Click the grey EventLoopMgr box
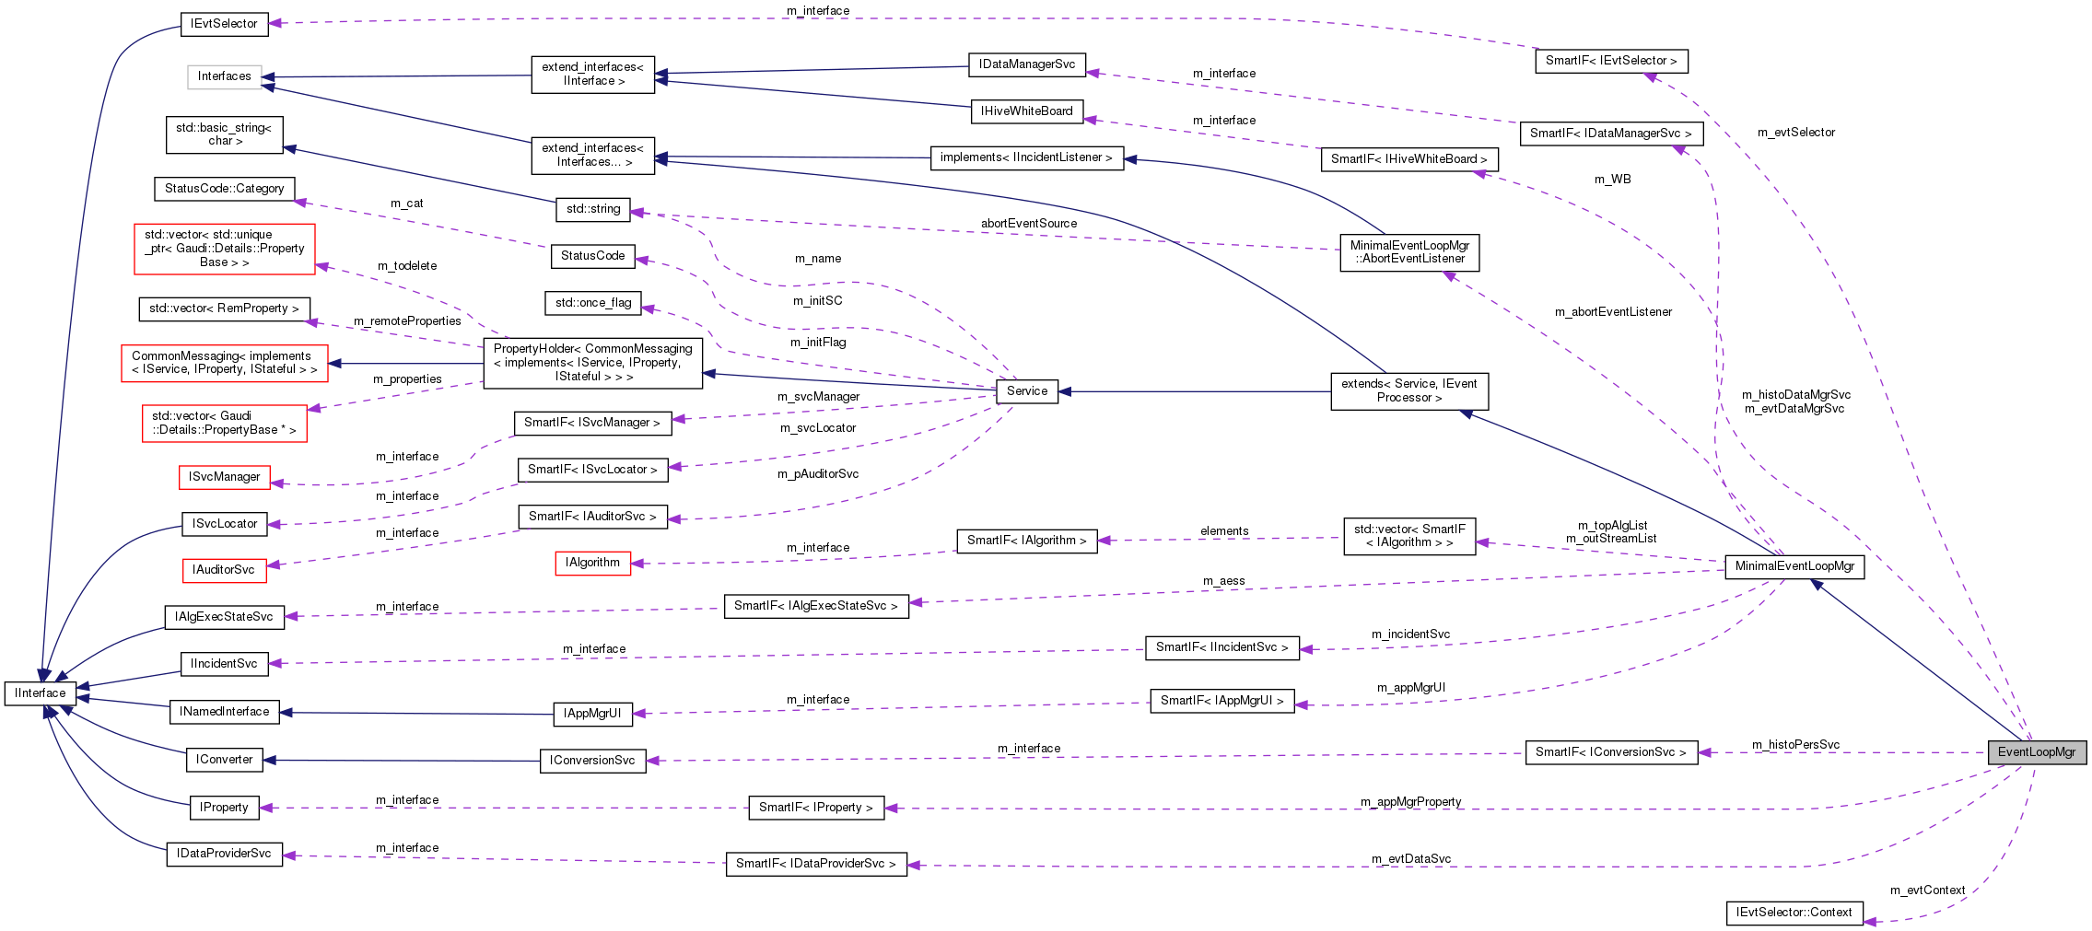coord(2036,752)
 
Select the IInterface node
coord(41,693)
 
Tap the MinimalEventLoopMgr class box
coord(1794,566)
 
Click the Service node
coord(1026,391)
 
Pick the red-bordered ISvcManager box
coord(224,477)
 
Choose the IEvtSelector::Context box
coord(1794,913)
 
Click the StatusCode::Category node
coord(224,189)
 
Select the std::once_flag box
coord(593,303)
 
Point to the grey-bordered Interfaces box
coord(224,76)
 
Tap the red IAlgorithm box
coord(592,563)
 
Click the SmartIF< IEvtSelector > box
coord(1610,61)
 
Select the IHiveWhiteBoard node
coord(1026,111)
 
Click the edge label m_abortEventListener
coord(1613,312)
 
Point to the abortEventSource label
coord(1028,224)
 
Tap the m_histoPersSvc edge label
coord(1795,744)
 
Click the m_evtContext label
coord(1927,890)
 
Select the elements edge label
coord(1224,531)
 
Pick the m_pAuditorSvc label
coord(818,474)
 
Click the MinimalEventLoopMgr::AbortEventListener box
coord(1409,252)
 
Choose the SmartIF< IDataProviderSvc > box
coord(815,864)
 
